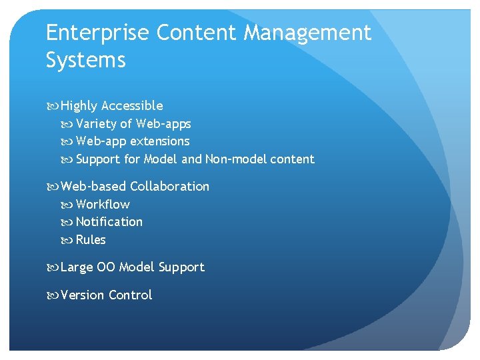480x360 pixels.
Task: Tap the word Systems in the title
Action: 85,61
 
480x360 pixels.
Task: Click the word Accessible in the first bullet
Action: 132,105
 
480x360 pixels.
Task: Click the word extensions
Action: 160,141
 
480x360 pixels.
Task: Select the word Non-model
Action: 235,159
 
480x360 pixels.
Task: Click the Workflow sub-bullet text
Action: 103,205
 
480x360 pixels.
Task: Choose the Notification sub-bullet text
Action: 109,222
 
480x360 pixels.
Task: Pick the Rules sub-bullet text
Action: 91,240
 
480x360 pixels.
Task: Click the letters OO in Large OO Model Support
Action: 106,267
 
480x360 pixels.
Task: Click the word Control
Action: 130,295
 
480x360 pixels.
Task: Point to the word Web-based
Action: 93,187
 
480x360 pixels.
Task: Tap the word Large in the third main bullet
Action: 77,267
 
